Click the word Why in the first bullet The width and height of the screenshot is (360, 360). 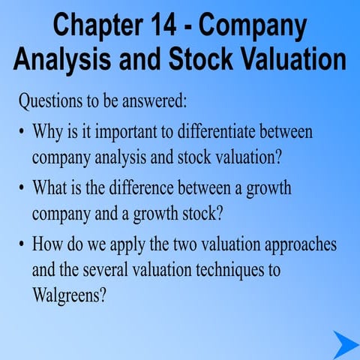48,132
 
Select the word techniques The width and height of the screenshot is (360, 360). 235,270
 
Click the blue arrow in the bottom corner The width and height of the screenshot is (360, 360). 346,344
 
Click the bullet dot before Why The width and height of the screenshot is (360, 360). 21,133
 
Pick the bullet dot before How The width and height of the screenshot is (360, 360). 21,245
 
